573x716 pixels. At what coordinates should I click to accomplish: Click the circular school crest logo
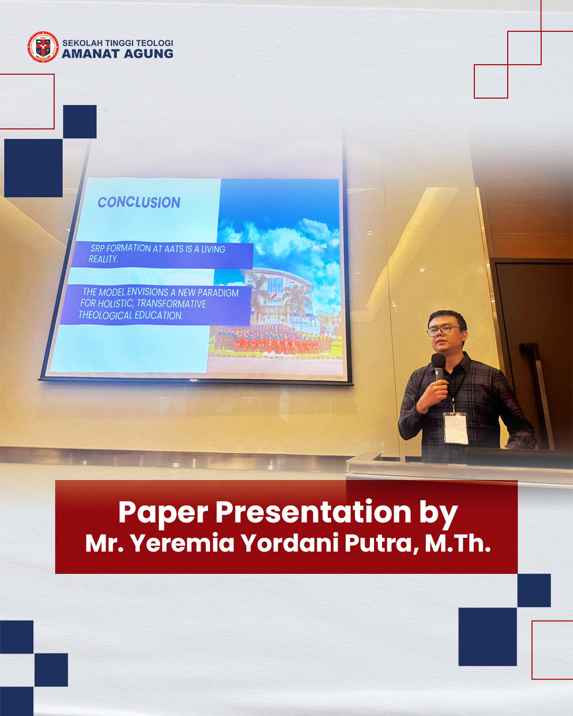coord(43,47)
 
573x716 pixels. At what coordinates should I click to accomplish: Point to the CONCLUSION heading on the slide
coord(139,202)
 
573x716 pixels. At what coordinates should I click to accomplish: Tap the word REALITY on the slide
coord(103,259)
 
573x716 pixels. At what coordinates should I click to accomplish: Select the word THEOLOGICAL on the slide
coord(105,315)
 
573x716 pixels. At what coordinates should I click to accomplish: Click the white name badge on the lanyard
coord(455,429)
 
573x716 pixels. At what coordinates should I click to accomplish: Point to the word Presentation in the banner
coord(313,512)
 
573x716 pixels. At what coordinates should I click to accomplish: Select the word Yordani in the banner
coord(290,544)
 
